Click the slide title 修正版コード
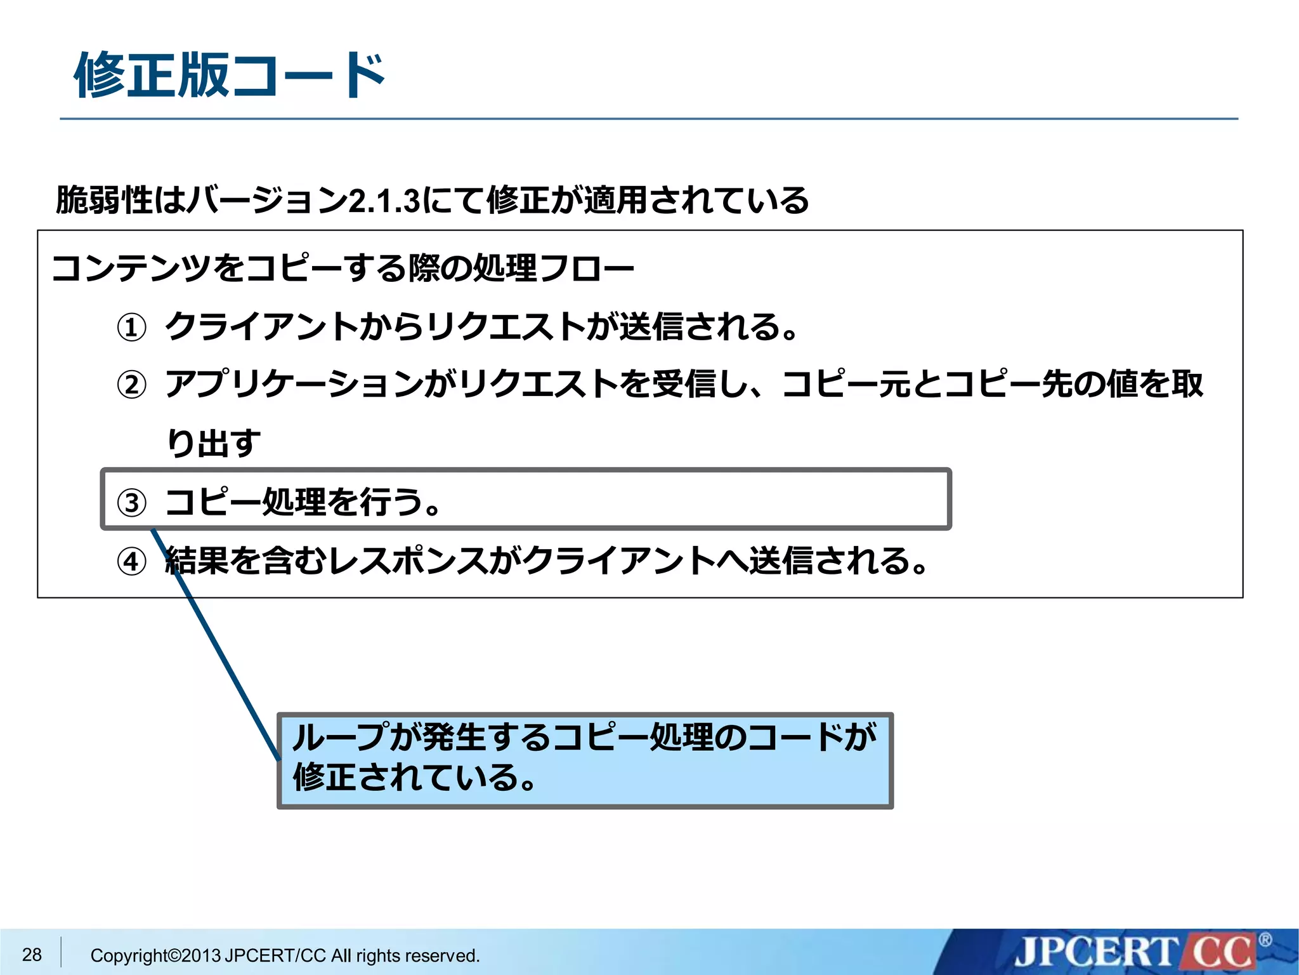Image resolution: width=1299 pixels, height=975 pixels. coord(230,76)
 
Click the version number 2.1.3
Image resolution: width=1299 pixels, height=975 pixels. coord(384,201)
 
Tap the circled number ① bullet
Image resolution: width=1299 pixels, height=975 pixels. coord(132,328)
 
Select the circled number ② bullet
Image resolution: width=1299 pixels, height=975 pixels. coord(132,385)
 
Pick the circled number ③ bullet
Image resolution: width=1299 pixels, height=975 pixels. coord(132,503)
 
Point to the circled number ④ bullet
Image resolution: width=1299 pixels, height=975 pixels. coord(132,562)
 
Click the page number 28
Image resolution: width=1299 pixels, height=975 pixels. coord(32,954)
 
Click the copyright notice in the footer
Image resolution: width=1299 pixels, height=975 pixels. coord(285,955)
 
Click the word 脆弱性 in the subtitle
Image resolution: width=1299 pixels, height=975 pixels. coord(105,201)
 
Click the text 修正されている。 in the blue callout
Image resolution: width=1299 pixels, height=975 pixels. coord(415,778)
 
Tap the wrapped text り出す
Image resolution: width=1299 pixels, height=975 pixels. coord(213,442)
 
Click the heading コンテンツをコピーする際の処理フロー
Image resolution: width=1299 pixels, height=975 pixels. coord(343,269)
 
